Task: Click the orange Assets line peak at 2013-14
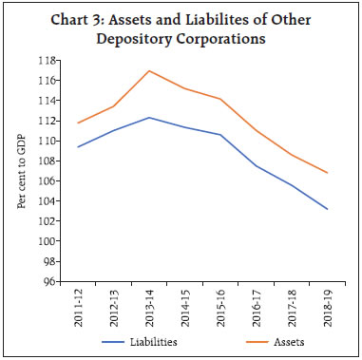pyautogui.click(x=149, y=70)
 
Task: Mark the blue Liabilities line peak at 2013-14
pyautogui.click(x=149, y=118)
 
